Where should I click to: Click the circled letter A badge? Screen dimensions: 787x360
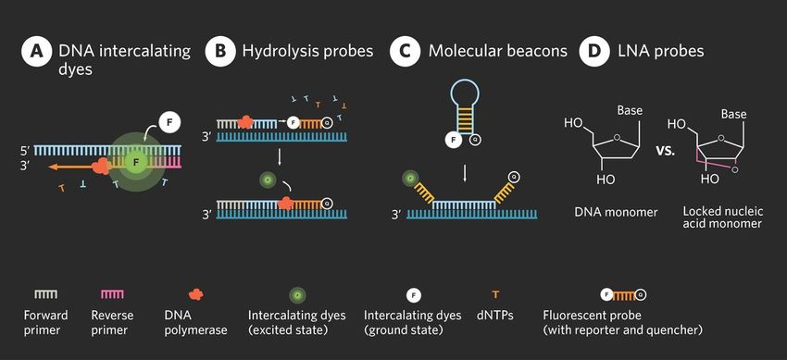pos(35,52)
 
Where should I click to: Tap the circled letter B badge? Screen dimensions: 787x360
pos(220,52)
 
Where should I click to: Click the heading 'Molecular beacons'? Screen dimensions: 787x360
pos(497,52)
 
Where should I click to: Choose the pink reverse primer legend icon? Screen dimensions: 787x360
pos(112,294)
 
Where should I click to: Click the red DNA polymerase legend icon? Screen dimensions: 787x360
pos(195,294)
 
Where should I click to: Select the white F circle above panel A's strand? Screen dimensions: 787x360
pos(169,121)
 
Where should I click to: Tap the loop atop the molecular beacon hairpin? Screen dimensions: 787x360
pos(466,93)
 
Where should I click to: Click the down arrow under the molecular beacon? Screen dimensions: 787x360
pos(465,173)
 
